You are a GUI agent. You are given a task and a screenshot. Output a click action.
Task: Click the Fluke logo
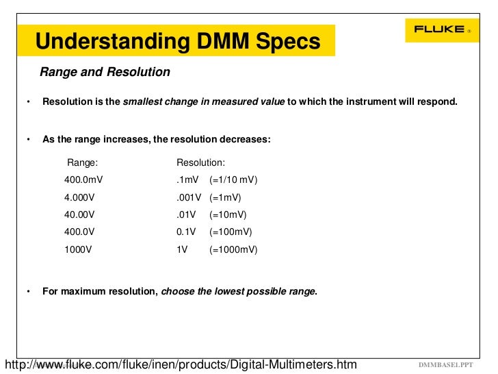(x=442, y=29)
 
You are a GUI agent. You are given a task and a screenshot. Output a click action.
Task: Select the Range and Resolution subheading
(x=105, y=72)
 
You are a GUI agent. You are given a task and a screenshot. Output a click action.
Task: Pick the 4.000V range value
(x=79, y=197)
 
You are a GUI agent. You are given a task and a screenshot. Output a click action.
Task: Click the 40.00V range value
(x=79, y=214)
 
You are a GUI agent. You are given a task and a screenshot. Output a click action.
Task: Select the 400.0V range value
(x=79, y=232)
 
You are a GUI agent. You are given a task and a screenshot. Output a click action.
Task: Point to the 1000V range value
(x=78, y=250)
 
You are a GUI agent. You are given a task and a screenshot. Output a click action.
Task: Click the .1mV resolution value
(x=187, y=180)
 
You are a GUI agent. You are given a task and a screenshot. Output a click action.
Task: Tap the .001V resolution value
(x=189, y=197)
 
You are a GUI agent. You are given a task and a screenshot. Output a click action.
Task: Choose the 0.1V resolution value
(x=187, y=232)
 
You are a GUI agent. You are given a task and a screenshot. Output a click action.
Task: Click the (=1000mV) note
(x=233, y=250)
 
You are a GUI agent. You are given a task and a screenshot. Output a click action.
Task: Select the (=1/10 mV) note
(x=233, y=180)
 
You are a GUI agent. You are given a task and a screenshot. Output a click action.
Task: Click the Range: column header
(x=82, y=163)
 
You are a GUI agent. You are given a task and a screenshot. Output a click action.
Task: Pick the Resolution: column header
(x=201, y=163)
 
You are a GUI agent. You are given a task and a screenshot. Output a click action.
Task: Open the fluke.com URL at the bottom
(x=181, y=364)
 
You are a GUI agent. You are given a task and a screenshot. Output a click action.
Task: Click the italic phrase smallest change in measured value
(x=203, y=102)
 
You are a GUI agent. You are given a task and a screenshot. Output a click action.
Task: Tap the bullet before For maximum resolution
(x=29, y=292)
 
